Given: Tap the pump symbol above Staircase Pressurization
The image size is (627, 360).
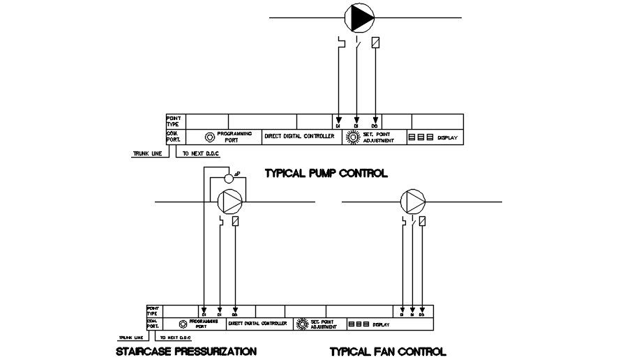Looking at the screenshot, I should [230, 202].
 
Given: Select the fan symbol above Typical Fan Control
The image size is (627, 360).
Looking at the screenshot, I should [413, 202].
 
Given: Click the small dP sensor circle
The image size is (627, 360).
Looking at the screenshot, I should [228, 178].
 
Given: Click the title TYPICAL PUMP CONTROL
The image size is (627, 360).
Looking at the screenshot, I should [326, 173].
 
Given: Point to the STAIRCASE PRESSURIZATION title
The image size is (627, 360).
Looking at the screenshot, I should [186, 351].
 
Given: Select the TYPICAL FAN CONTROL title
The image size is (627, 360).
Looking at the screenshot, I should [388, 352].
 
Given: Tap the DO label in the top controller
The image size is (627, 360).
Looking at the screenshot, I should [375, 126].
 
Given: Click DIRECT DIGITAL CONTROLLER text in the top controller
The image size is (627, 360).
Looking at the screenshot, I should [299, 136].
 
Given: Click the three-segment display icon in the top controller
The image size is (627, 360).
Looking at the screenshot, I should [421, 138].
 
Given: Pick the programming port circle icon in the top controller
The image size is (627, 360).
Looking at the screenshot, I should [209, 137].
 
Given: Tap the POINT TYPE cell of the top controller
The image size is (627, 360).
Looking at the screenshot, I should [174, 121].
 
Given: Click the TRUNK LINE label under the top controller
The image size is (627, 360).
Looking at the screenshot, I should [146, 154].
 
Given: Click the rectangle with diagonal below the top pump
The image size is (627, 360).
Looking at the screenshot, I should [376, 42].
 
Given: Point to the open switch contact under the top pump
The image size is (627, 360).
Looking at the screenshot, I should [357, 43].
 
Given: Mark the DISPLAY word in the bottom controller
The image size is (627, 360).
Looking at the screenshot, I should [381, 324].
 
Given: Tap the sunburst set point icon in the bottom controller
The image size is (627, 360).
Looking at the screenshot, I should [302, 324].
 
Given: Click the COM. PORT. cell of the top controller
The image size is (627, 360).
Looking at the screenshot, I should [174, 136].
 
